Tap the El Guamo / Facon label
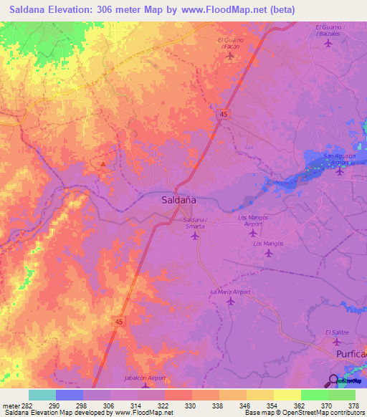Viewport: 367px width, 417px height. pyautogui.click(x=230, y=43)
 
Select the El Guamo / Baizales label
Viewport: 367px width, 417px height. pyautogui.click(x=328, y=30)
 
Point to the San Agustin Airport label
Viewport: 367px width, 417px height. pyautogui.click(x=340, y=159)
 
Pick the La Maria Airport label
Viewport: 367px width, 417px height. pyautogui.click(x=230, y=292)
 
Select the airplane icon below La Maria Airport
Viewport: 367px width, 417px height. pyautogui.click(x=230, y=302)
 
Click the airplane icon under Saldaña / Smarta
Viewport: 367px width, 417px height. pyautogui.click(x=194, y=235)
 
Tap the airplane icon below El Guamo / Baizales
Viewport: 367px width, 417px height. pyautogui.click(x=328, y=43)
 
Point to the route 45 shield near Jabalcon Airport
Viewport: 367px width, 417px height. pyautogui.click(x=117, y=323)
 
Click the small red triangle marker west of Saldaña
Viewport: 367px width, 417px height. pyautogui.click(x=104, y=164)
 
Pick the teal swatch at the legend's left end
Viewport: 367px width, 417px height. pyautogui.click(x=42, y=395)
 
